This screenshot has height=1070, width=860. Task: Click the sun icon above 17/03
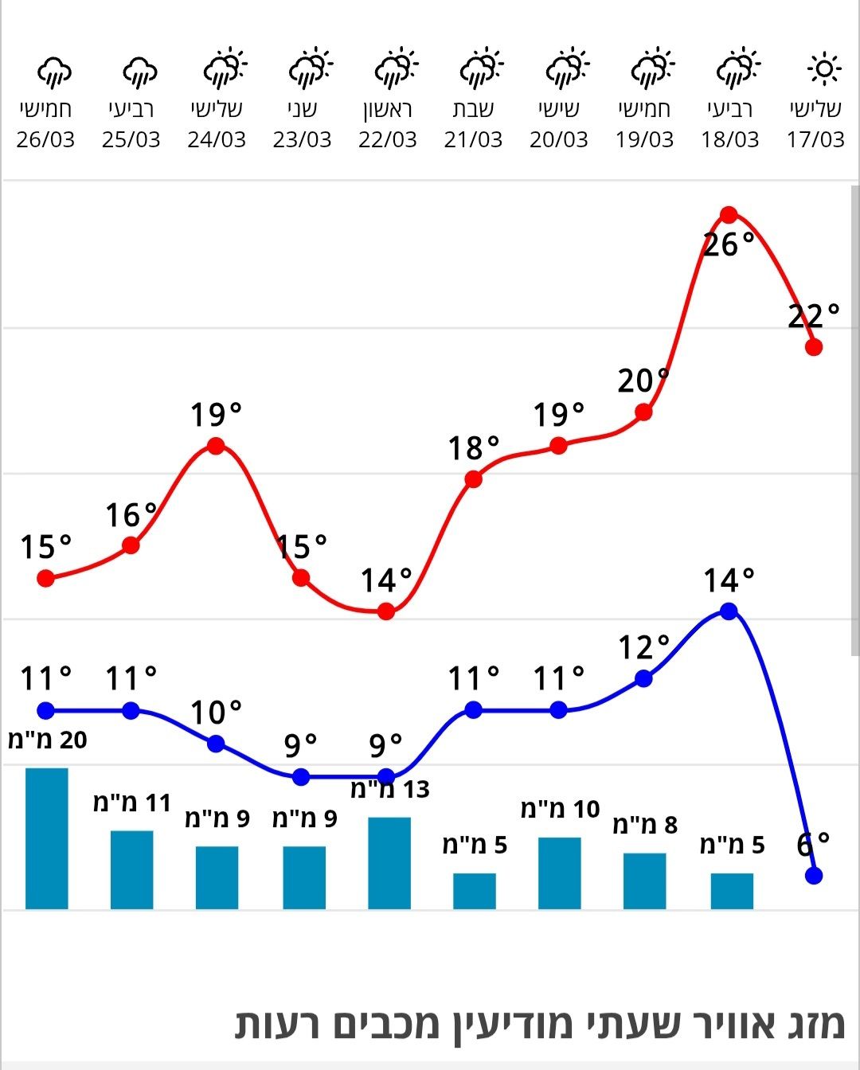click(x=823, y=69)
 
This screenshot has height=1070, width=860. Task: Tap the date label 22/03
click(x=388, y=140)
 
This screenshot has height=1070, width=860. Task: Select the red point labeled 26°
click(x=729, y=215)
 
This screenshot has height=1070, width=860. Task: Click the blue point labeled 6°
click(x=813, y=876)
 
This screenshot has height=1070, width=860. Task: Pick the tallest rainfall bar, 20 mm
click(x=47, y=838)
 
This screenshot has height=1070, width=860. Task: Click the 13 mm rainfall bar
click(x=389, y=862)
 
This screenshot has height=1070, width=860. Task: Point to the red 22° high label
click(x=813, y=317)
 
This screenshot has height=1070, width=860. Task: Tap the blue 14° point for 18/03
click(x=729, y=611)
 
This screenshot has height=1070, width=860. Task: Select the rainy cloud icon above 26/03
click(x=54, y=72)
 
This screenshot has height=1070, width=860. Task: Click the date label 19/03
click(x=644, y=140)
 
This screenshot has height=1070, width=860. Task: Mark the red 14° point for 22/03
click(x=386, y=611)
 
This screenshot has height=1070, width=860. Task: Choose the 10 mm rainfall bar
click(x=559, y=873)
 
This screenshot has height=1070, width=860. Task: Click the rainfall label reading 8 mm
click(x=645, y=825)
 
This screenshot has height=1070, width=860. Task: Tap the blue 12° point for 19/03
click(x=644, y=679)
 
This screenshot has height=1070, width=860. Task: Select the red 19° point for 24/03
click(x=216, y=446)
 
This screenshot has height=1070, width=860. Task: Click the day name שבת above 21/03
click(x=473, y=109)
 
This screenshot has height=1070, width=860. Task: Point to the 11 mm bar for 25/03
click(x=131, y=869)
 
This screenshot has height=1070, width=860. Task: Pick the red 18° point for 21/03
click(x=474, y=479)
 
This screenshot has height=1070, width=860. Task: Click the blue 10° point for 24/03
click(x=216, y=744)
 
